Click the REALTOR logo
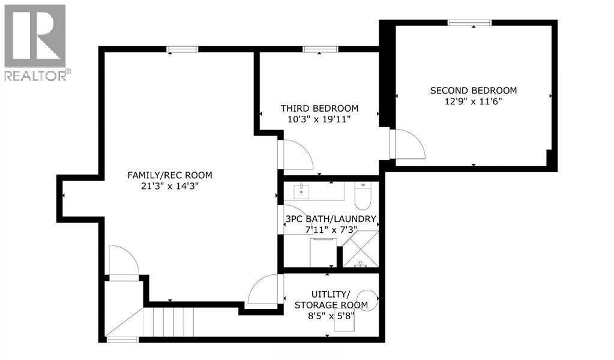coord(35,42)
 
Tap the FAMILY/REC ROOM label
coord(170,175)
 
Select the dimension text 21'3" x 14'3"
coord(170,186)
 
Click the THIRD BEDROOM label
coord(319,109)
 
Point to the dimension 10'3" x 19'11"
coord(319,119)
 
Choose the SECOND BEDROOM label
coord(473,91)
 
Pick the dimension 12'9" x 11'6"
coord(473,101)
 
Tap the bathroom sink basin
coord(301,192)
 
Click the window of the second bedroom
coord(469,23)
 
